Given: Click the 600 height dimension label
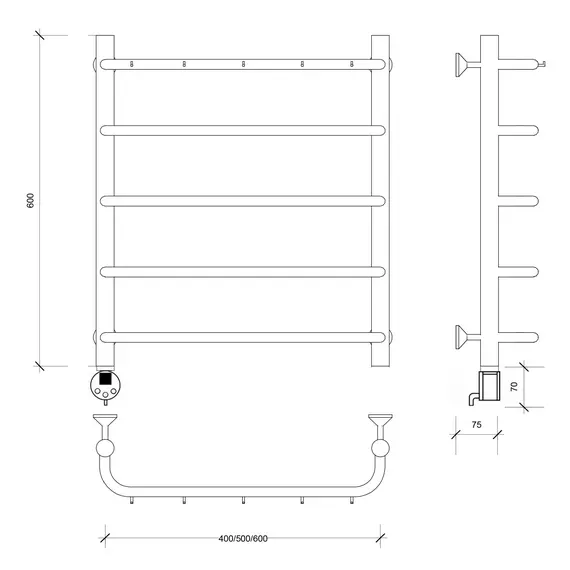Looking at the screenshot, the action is [x=31, y=201].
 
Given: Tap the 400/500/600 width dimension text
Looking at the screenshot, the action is [x=243, y=538].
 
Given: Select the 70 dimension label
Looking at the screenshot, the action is [x=514, y=386].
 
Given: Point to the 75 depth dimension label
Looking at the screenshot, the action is [x=477, y=425].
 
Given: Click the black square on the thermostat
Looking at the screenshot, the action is [x=105, y=378].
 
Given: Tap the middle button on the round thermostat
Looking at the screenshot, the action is [x=105, y=395].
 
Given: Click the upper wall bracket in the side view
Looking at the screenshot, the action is [x=468, y=65].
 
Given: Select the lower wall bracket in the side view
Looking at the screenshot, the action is [x=468, y=337].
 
